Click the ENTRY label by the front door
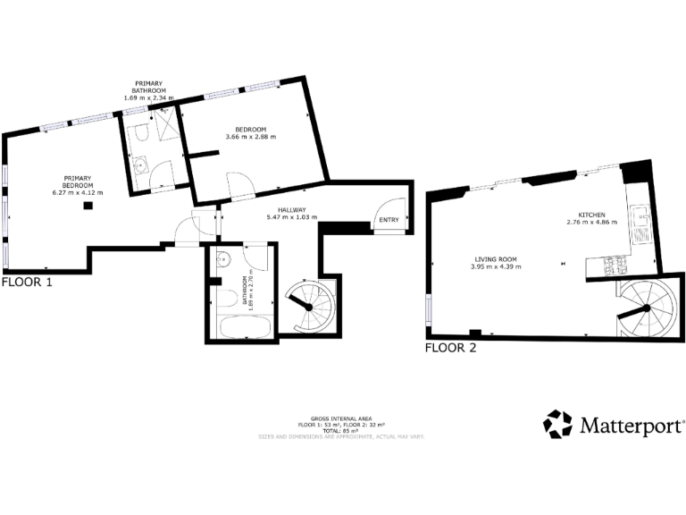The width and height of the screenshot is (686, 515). pos(389,220)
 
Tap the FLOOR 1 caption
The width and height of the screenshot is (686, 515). pos(27,282)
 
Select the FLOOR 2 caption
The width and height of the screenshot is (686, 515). pos(450,348)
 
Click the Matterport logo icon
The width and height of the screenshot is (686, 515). pos(558,425)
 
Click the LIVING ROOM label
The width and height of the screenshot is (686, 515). pos(494,259)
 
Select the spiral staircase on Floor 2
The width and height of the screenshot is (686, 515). pos(645,308)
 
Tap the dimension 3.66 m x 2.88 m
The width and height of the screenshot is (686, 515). pos(251,137)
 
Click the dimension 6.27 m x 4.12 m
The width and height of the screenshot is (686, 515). pos(78,192)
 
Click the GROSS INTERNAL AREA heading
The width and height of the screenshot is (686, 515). pos(342,418)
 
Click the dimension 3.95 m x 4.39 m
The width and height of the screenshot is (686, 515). pos(494,266)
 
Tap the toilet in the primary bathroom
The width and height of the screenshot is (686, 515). pos(140,135)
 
